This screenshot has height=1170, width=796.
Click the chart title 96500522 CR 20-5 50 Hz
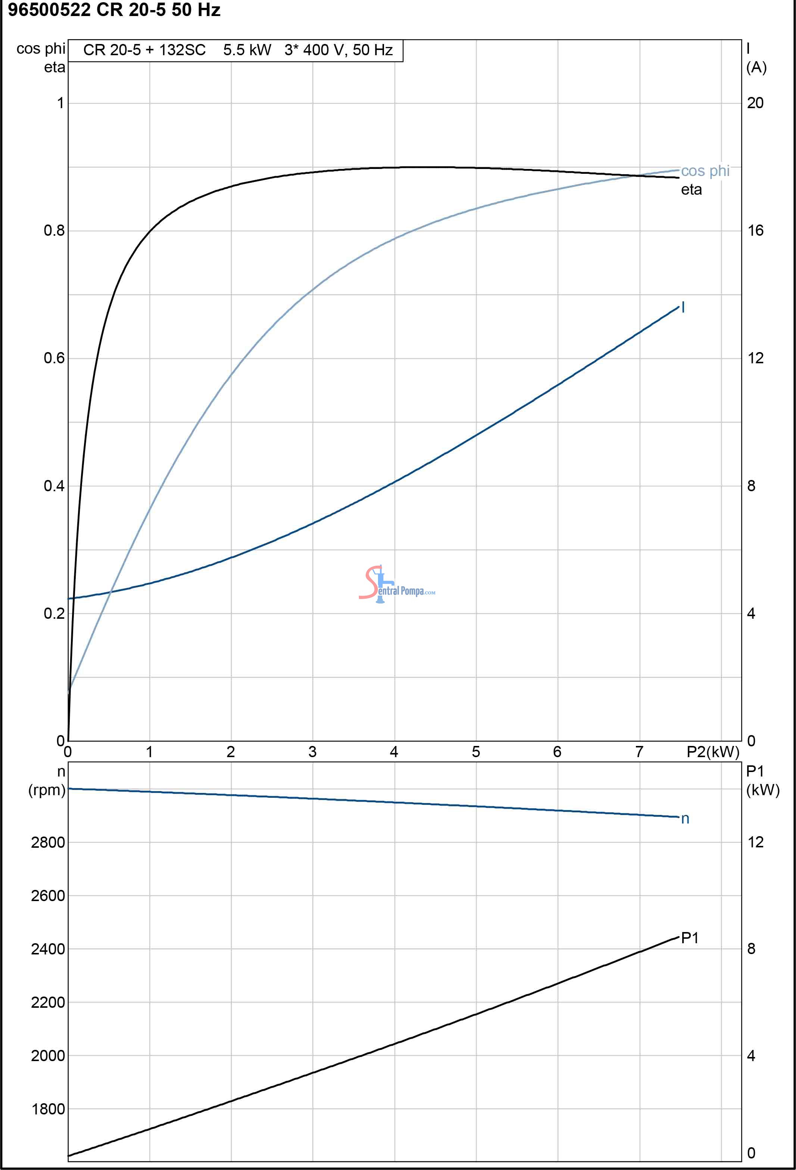(114, 10)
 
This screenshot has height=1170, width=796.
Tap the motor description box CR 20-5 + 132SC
(235, 50)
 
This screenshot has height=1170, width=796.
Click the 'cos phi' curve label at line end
(705, 171)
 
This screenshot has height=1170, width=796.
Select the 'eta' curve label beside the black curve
(691, 190)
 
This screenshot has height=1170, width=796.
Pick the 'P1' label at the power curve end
(689, 938)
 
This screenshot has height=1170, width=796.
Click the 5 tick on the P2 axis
(475, 752)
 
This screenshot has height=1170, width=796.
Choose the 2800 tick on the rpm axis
(48, 842)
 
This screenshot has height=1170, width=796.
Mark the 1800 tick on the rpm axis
(48, 1109)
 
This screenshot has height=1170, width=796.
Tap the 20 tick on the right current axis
(755, 103)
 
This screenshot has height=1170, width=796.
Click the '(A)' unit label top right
(756, 68)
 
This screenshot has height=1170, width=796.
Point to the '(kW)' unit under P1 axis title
(763, 790)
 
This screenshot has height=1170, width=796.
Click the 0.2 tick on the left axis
(54, 613)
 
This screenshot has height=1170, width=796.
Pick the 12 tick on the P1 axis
(755, 842)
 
